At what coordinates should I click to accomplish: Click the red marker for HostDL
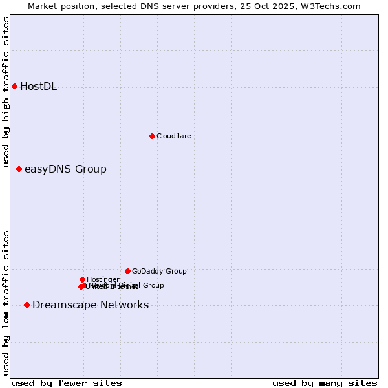tap(14, 86)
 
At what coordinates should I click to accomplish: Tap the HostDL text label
tap(38, 87)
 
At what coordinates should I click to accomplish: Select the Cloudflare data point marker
tap(152, 136)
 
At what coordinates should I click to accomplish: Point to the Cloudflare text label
tap(173, 136)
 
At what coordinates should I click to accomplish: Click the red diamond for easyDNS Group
tap(19, 169)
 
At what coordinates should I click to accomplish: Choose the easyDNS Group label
tap(65, 169)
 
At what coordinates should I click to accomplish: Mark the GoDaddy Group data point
tap(127, 271)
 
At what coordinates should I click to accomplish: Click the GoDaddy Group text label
tap(159, 272)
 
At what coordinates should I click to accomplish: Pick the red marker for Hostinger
tap(82, 279)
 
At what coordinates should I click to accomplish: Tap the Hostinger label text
tap(103, 279)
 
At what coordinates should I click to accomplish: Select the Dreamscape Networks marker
tap(27, 305)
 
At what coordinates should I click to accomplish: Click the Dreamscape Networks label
tap(91, 305)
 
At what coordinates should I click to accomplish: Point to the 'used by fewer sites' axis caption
tap(67, 383)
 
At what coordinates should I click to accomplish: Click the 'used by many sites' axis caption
tap(325, 383)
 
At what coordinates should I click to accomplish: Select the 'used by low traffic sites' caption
tap(6, 303)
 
